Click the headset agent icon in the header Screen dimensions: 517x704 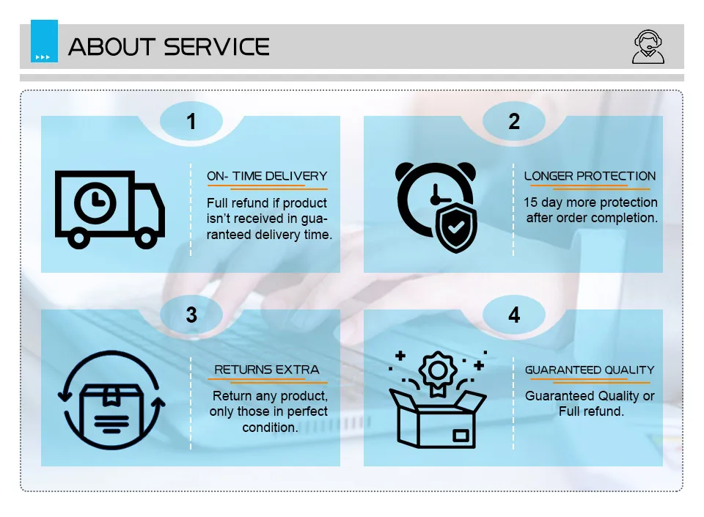pyautogui.click(x=648, y=47)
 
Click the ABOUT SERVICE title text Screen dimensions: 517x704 pyautogui.click(x=169, y=47)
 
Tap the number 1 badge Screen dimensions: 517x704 pyautogui.click(x=191, y=122)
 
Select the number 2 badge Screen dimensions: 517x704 pyautogui.click(x=514, y=122)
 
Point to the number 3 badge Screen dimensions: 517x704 pyautogui.click(x=191, y=315)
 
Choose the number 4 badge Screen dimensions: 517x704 pyautogui.click(x=514, y=315)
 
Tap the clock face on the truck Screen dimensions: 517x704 pyautogui.click(x=95, y=199)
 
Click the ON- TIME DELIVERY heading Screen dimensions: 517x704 pyautogui.click(x=267, y=177)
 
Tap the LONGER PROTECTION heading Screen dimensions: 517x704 pyautogui.click(x=590, y=177)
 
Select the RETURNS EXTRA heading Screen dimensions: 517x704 pyautogui.click(x=267, y=370)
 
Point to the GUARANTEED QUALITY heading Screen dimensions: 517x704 pyautogui.click(x=590, y=370)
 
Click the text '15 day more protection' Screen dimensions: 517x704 pyautogui.click(x=590, y=202)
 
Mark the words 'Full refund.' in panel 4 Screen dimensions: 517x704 pyautogui.click(x=591, y=411)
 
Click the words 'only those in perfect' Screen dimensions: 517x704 pyautogui.click(x=268, y=411)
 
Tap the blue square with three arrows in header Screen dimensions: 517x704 pyautogui.click(x=44, y=42)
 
